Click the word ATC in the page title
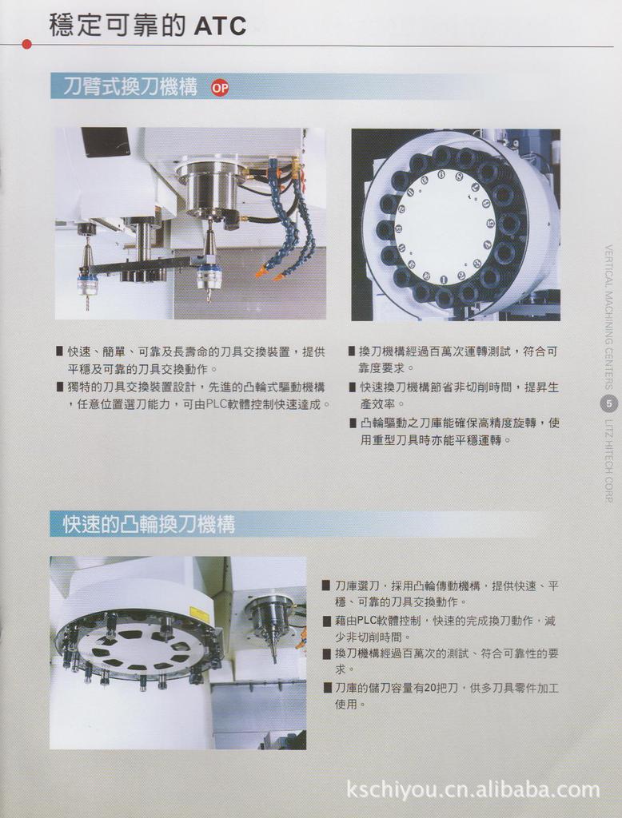click(220, 26)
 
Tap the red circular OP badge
click(219, 88)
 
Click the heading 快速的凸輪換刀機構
click(149, 524)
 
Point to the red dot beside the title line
click(26, 44)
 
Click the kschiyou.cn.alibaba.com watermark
click(472, 790)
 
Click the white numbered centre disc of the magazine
click(445, 226)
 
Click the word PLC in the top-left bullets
click(217, 404)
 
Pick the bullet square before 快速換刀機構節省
click(353, 387)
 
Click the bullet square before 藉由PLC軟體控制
click(326, 621)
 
